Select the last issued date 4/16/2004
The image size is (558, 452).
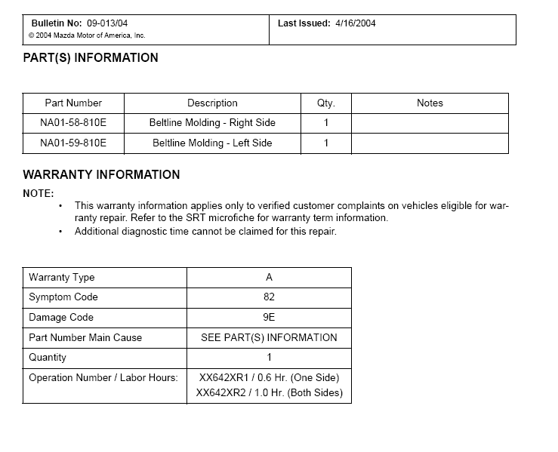point(355,23)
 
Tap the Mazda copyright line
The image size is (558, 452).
point(87,35)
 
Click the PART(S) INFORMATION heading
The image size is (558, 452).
point(91,58)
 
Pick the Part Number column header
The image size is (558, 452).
point(73,103)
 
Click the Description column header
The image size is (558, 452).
point(212,103)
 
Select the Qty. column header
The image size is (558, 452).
point(326,103)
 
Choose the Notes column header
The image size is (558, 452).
point(430,103)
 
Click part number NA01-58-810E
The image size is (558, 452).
point(73,123)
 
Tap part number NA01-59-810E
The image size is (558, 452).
point(73,143)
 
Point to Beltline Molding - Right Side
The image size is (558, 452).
point(212,123)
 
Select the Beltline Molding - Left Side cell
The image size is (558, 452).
point(212,143)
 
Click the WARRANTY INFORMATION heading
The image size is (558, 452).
point(101,175)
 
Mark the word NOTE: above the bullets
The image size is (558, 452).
point(39,193)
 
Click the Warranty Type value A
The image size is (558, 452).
point(269,278)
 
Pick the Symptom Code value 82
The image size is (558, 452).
point(269,297)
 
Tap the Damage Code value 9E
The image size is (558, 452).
point(269,318)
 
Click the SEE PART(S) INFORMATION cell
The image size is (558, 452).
point(269,338)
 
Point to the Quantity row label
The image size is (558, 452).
point(48,358)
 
